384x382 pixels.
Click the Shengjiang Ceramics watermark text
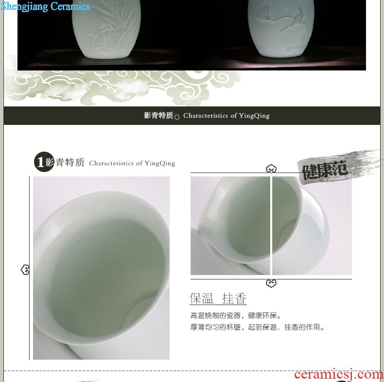[x=45, y=6]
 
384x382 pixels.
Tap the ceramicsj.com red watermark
[x=339, y=374]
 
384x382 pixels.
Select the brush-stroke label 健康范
[x=325, y=169]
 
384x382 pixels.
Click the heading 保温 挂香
[x=218, y=298]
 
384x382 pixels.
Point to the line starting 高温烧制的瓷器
[x=235, y=315]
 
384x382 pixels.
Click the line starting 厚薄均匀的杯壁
[x=257, y=327]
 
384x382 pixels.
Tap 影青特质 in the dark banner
[x=158, y=115]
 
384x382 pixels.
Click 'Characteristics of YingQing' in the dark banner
[x=227, y=116]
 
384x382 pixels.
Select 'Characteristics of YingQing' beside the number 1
[x=132, y=163]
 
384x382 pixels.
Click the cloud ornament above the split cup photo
[x=271, y=169]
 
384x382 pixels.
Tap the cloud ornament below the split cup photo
[x=271, y=283]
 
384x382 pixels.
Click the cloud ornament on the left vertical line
[x=25, y=270]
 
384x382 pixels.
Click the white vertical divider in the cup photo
[x=271, y=226]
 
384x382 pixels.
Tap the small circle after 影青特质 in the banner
[x=177, y=117]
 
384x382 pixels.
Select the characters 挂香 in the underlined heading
[x=234, y=298]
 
